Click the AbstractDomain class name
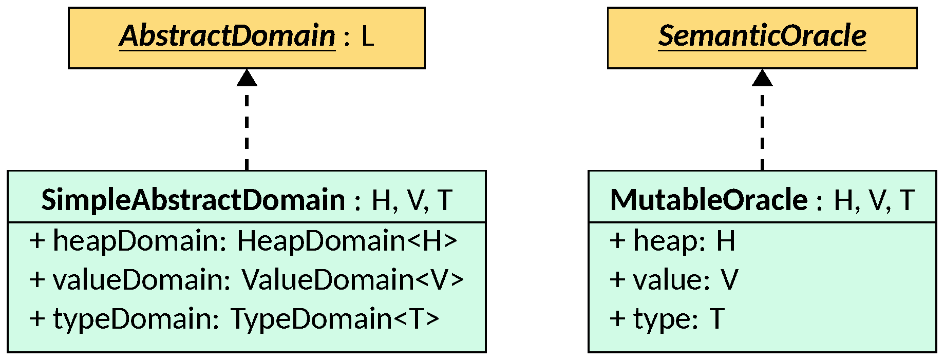[227, 36]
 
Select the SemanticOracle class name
[762, 36]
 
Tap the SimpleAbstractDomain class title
[193, 200]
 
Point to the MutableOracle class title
[709, 200]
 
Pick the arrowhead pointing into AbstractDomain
[247, 78]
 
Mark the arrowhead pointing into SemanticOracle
[762, 78]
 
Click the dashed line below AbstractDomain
[247, 128]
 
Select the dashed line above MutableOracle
[762, 128]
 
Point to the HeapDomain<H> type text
[347, 241]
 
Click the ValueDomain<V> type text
[352, 280]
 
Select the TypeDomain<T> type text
[335, 319]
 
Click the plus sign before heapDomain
[37, 241]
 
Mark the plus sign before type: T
[617, 319]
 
